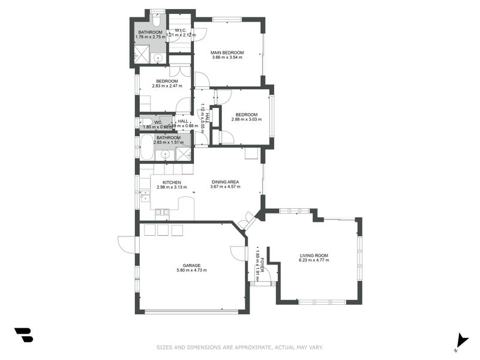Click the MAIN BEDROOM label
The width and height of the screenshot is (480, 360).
click(x=227, y=53)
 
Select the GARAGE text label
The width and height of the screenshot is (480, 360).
click(x=191, y=265)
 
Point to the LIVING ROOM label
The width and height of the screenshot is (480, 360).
click(x=314, y=255)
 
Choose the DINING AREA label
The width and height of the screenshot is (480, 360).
click(x=225, y=182)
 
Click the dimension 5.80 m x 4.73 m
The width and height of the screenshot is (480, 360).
click(x=191, y=270)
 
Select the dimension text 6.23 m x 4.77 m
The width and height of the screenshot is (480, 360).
click(x=314, y=260)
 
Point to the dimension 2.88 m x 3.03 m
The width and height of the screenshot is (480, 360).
click(x=246, y=120)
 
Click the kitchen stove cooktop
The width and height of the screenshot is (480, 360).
click(x=162, y=211)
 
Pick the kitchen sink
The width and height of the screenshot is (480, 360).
click(x=145, y=194)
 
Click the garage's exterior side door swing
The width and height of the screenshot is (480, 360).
click(x=128, y=243)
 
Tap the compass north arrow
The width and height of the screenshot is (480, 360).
click(x=461, y=341)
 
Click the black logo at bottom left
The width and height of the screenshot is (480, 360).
click(x=23, y=335)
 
